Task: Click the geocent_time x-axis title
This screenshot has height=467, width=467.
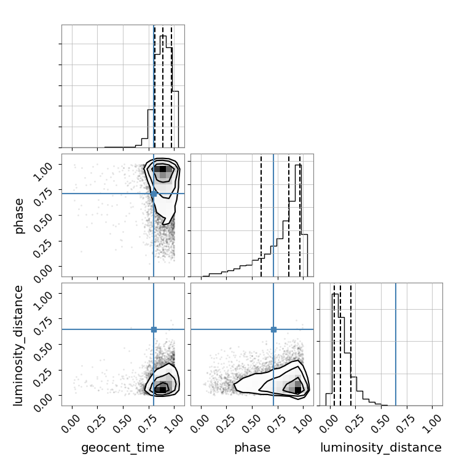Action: point(123,447)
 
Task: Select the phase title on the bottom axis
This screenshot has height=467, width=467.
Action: point(253,447)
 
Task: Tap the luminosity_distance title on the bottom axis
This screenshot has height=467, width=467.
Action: point(381,447)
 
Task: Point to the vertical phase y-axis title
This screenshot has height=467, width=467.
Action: point(18,216)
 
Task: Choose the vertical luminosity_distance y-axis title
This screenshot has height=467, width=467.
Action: point(18,345)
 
